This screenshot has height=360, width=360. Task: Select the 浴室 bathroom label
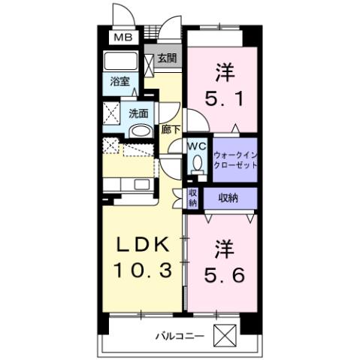(x=119, y=80)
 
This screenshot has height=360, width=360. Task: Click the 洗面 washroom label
(x=138, y=113)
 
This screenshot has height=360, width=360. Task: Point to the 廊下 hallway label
(x=171, y=129)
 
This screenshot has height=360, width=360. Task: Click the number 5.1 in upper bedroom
(x=223, y=98)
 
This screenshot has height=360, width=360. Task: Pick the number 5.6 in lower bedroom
(x=223, y=275)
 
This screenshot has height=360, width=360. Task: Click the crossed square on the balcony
(x=225, y=334)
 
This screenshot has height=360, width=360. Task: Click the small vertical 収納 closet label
(x=192, y=197)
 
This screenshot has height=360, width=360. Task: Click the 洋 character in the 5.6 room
(x=223, y=247)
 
